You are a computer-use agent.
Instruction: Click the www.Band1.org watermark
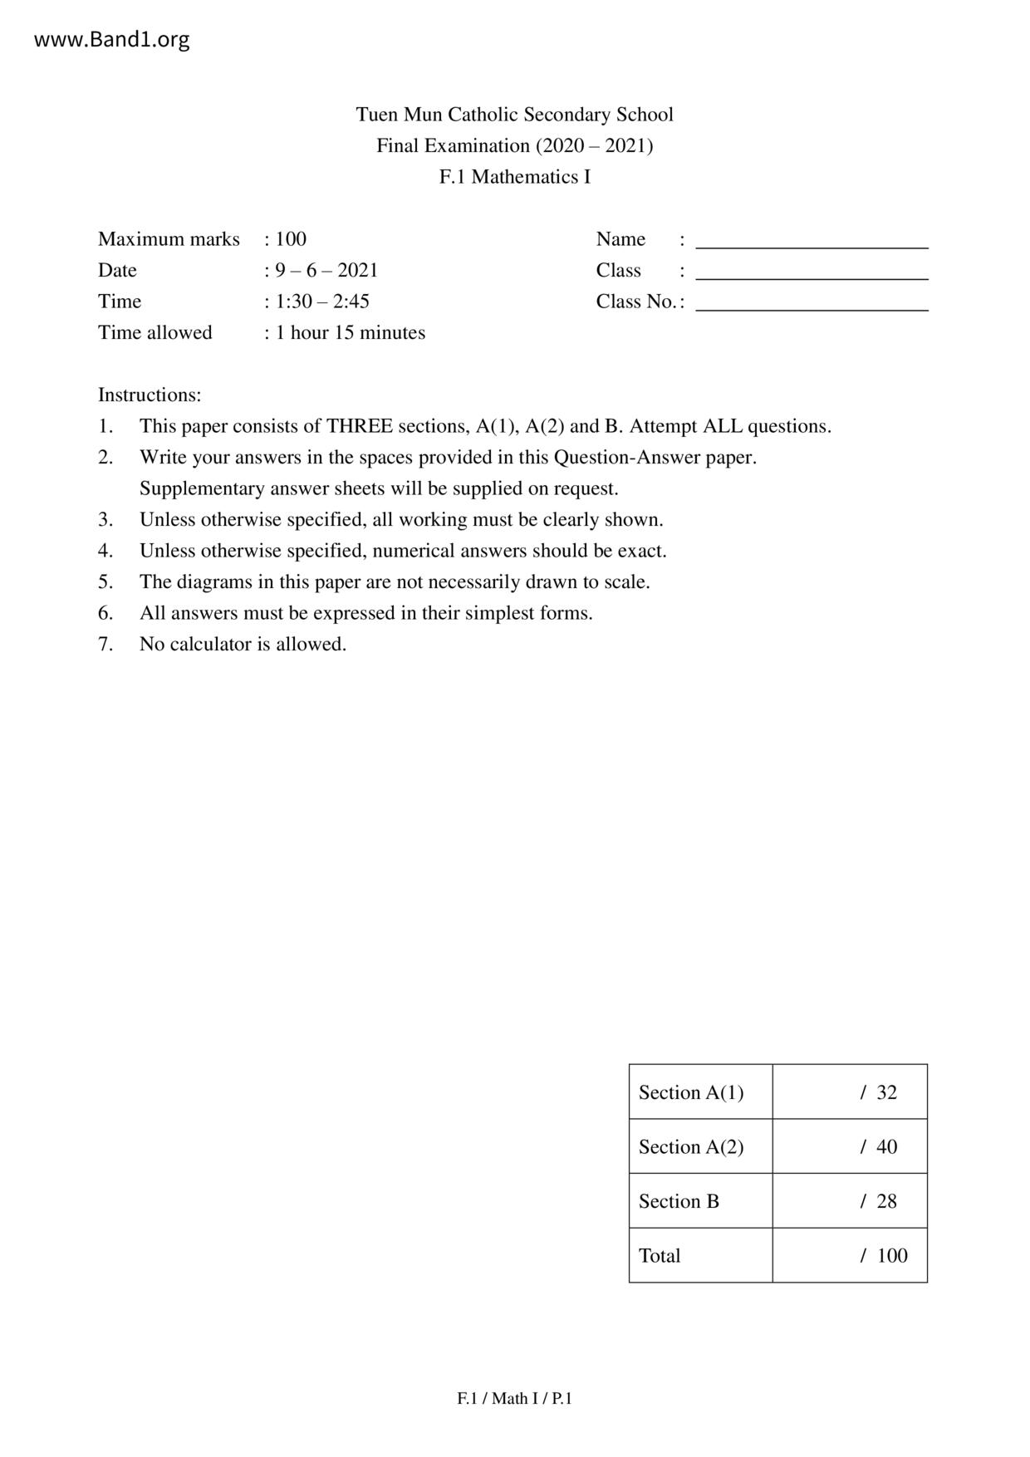(111, 39)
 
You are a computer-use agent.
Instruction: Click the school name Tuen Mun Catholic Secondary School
(514, 115)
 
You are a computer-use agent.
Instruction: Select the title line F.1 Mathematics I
(514, 177)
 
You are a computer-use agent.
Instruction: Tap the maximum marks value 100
(291, 239)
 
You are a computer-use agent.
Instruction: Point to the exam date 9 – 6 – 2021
(326, 270)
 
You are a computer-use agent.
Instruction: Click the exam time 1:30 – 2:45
(322, 302)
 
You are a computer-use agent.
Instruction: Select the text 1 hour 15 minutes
(351, 332)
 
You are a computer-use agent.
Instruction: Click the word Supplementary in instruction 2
(202, 488)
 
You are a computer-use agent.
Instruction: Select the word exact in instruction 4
(641, 551)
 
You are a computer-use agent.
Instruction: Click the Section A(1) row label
(691, 1092)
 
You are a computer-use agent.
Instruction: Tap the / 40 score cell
(879, 1147)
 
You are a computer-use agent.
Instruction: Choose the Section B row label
(679, 1201)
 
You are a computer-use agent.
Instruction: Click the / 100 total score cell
(884, 1256)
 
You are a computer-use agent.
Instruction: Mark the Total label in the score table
(660, 1256)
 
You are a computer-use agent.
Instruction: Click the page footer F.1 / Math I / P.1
(514, 1399)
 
